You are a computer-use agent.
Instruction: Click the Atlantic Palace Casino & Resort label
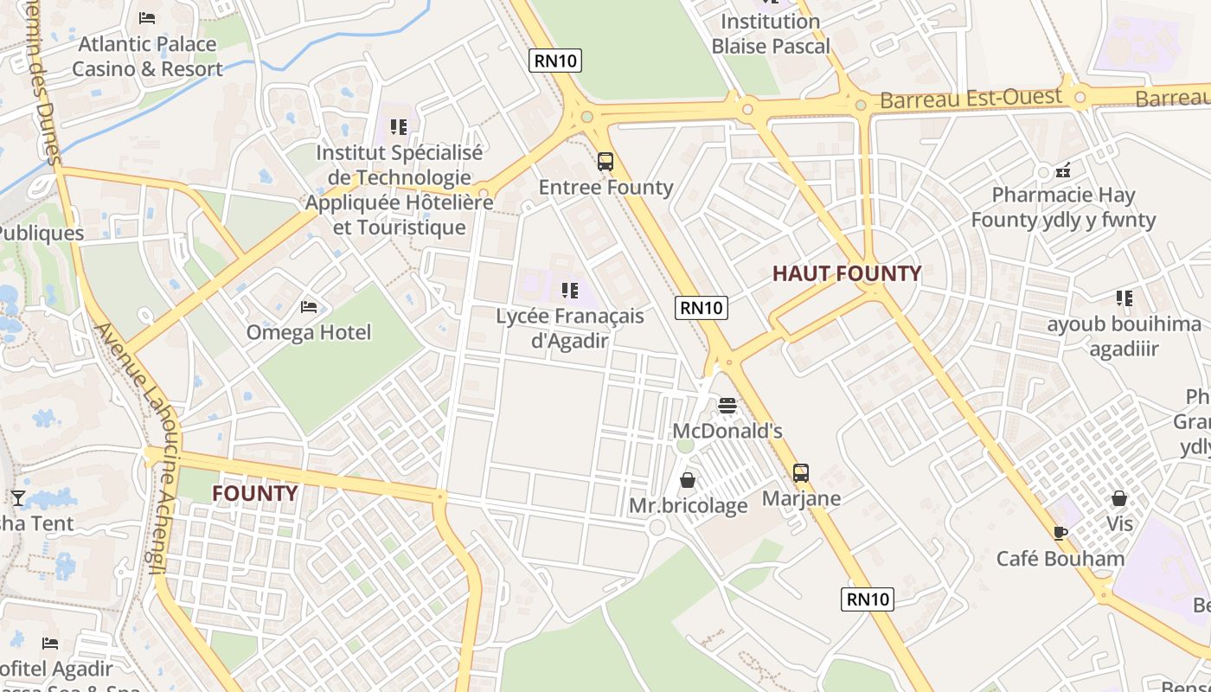(147, 56)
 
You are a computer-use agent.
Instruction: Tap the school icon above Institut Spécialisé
(398, 127)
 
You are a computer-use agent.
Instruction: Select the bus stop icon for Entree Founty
(605, 162)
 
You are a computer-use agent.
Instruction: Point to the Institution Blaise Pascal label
(771, 34)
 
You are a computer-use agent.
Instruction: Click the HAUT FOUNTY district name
(847, 274)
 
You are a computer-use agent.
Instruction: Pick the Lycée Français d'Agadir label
(570, 328)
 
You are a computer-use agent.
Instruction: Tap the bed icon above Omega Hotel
(309, 307)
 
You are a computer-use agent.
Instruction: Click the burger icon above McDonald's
(727, 406)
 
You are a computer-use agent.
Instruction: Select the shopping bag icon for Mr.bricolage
(688, 480)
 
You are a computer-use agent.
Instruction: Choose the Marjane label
(801, 498)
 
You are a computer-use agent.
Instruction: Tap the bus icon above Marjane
(801, 473)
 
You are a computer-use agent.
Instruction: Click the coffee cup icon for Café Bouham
(1060, 533)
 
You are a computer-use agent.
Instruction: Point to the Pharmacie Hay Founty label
(1063, 208)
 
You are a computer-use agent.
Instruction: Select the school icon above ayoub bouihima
(1124, 299)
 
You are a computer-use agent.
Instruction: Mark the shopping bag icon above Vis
(1119, 499)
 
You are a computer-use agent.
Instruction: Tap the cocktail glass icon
(17, 497)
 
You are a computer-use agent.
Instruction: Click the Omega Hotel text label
(309, 332)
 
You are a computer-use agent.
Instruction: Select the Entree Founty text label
(605, 188)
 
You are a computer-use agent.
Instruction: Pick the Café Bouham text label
(1060, 559)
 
